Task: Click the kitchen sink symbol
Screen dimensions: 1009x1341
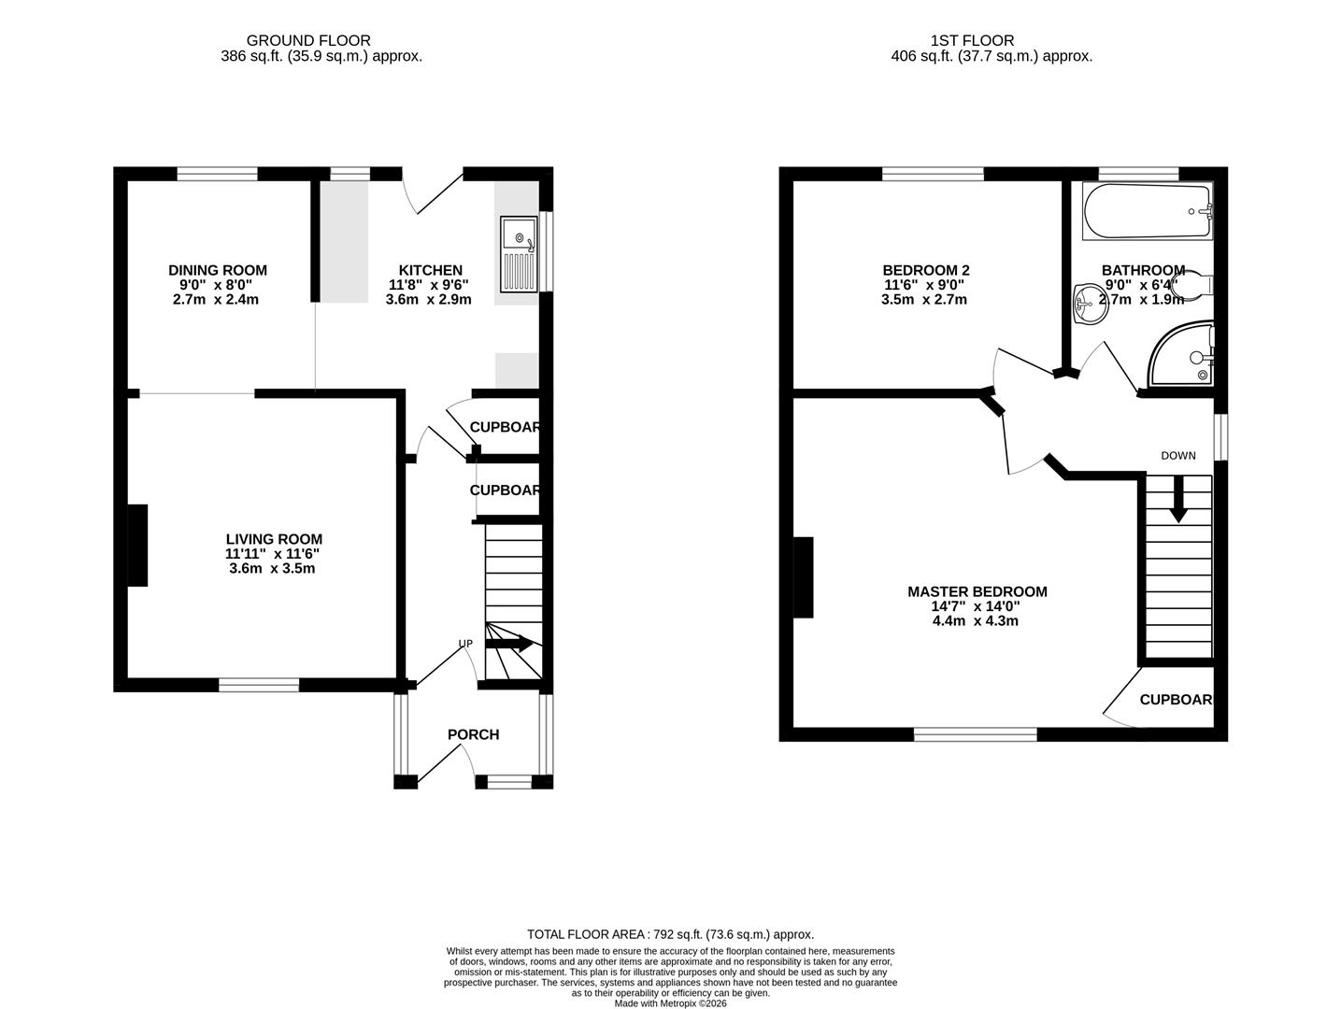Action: [519, 254]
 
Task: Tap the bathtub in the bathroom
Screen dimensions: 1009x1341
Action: [1147, 210]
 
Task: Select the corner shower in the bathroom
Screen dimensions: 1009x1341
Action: [1183, 357]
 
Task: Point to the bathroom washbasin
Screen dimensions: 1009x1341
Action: [1090, 303]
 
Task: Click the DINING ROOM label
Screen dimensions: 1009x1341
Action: [217, 271]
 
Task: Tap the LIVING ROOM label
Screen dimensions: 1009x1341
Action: [274, 539]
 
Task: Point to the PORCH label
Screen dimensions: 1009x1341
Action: [473, 734]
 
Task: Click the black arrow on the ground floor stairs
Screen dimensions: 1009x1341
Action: [510, 644]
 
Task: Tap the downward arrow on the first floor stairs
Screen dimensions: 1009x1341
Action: [1177, 499]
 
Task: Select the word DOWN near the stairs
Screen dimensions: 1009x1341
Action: [1177, 456]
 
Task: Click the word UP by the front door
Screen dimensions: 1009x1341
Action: [464, 644]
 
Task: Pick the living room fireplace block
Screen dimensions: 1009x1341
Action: [137, 546]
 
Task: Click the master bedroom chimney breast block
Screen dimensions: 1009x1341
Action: [803, 577]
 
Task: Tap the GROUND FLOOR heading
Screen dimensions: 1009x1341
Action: [308, 40]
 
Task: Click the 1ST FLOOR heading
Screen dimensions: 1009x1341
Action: [972, 40]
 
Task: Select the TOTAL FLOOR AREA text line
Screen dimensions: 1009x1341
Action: [670, 934]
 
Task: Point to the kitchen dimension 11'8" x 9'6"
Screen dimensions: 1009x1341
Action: [428, 286]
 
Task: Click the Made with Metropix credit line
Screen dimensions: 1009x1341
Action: [670, 1003]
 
